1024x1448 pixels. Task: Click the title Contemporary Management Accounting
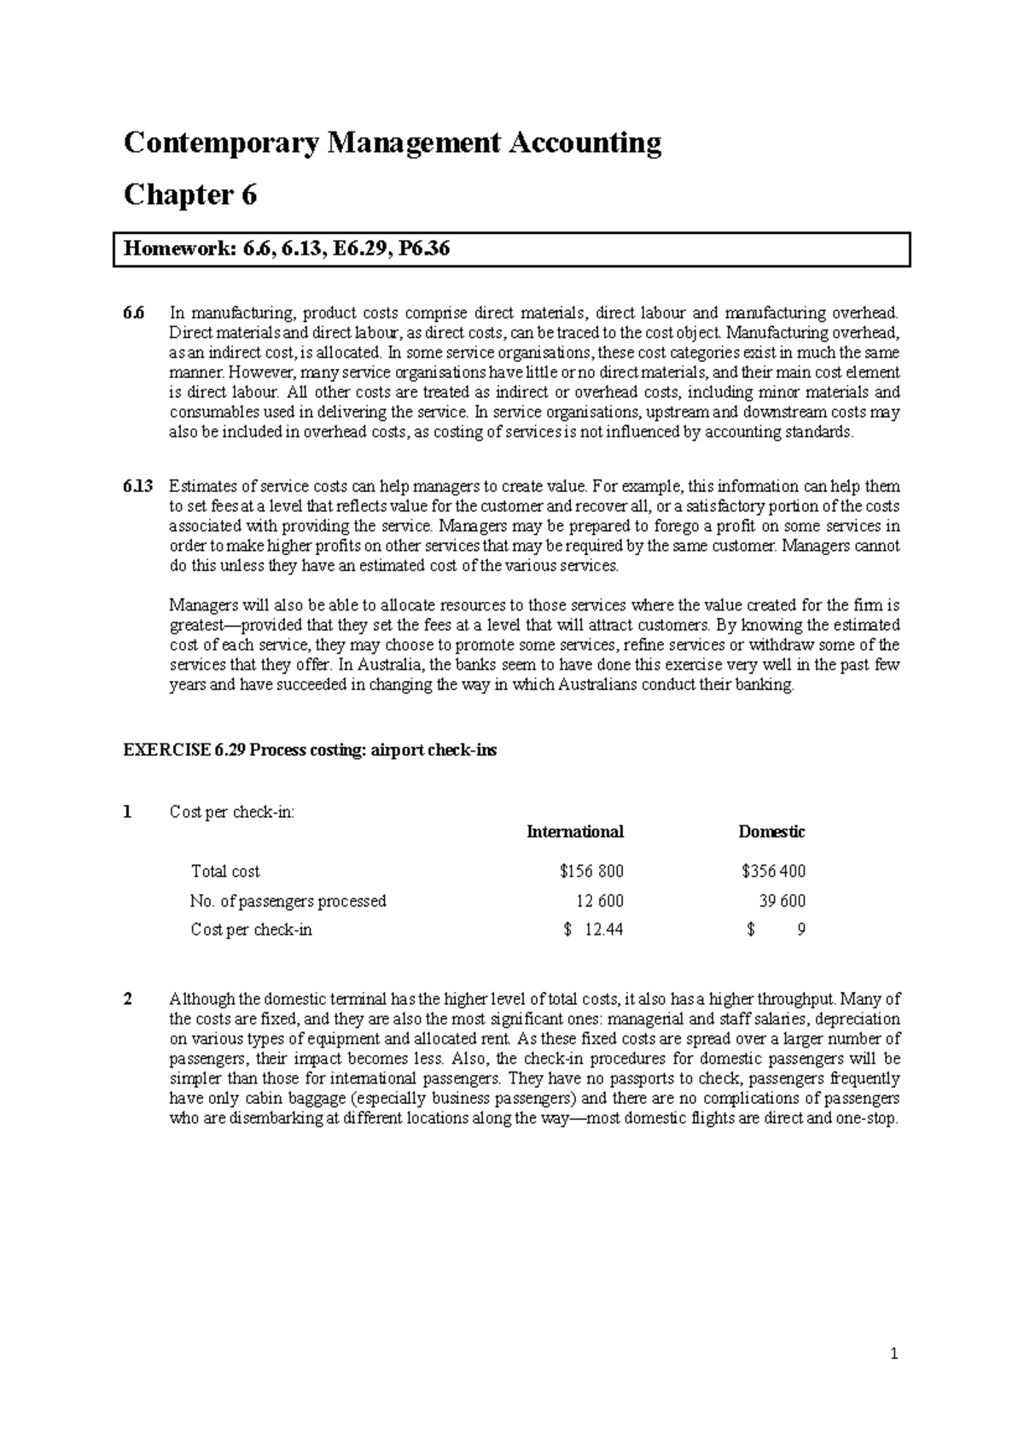pos(393,142)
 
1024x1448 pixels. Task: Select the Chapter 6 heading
pos(190,196)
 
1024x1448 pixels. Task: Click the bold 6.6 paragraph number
pos(134,313)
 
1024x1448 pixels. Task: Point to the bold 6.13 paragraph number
pos(137,487)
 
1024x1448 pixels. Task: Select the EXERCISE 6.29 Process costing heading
pos(310,750)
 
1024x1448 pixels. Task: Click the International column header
pos(575,832)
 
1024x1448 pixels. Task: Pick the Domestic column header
pos(771,832)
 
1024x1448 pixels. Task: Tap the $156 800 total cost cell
pos(591,872)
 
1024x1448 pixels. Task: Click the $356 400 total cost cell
pos(773,872)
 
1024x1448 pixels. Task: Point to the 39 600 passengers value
pos(782,901)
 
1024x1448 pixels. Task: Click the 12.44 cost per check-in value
pos(603,930)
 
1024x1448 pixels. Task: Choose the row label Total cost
pos(225,872)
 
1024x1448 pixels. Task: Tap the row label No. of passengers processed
pos(288,901)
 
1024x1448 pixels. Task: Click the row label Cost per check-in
pos(252,930)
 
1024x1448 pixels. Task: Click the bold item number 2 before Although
pos(129,1000)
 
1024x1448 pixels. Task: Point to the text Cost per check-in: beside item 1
pos(232,812)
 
